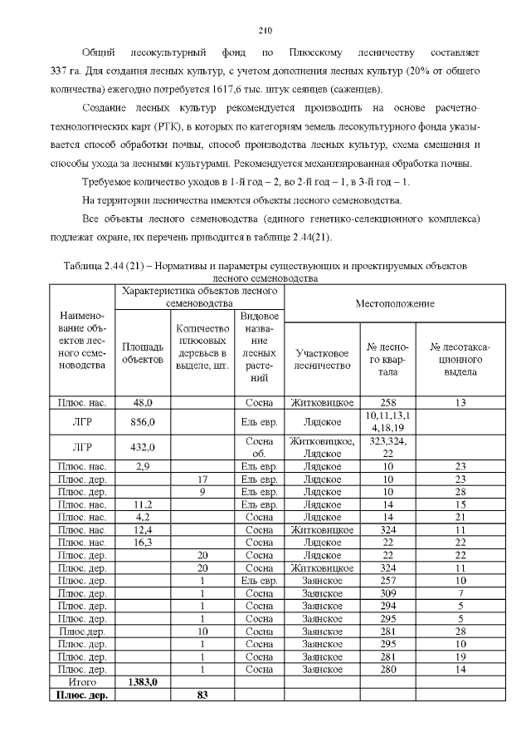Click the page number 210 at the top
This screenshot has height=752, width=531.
tap(265, 31)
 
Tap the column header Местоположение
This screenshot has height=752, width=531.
tap(395, 303)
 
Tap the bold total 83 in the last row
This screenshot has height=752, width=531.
tap(202, 695)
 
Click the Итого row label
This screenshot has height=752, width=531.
tap(80, 681)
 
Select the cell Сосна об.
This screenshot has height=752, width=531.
tap(259, 447)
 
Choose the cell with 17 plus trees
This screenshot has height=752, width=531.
tap(202, 479)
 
